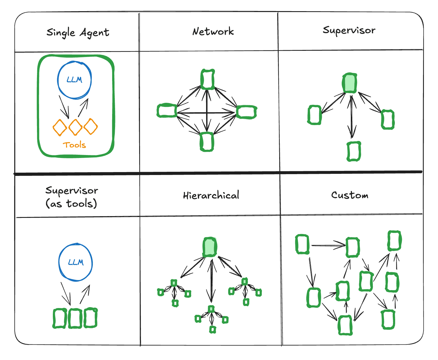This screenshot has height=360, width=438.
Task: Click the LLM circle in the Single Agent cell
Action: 74,80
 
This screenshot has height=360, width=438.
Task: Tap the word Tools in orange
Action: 74,145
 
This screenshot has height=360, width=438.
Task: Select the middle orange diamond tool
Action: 75,127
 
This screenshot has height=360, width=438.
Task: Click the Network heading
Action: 213,31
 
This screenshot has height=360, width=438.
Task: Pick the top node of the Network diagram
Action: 208,79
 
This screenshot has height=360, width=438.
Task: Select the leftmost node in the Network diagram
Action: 167,111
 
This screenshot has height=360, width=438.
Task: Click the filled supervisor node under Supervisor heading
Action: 350,83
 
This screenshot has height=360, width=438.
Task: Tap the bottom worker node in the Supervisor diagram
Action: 354,152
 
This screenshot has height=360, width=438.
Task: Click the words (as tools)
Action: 71,203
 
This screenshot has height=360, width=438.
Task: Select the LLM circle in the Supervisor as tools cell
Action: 76,262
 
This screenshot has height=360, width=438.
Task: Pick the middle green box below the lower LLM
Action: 75,318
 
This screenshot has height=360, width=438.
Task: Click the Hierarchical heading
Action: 211,196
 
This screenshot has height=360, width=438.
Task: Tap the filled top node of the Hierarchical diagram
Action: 210,247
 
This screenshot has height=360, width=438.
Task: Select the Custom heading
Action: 350,195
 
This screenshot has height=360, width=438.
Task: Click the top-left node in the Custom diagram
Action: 302,244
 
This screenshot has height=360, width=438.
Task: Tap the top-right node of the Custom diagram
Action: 394,241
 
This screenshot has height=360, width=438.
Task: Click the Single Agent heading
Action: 78,33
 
